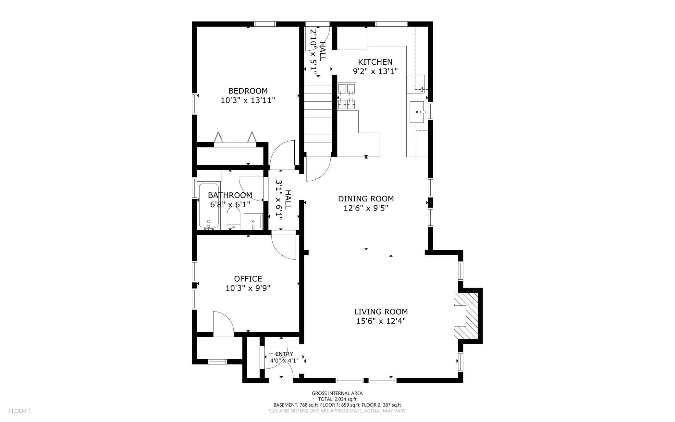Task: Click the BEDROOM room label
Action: click(x=248, y=91)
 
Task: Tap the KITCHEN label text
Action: click(x=375, y=62)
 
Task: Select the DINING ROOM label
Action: click(x=366, y=198)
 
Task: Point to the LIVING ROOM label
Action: click(x=381, y=312)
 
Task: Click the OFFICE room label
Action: click(x=248, y=279)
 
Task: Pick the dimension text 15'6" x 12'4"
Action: click(x=381, y=321)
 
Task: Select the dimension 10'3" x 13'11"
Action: click(x=248, y=100)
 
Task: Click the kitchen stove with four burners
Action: click(x=347, y=96)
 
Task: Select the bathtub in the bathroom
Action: click(x=209, y=206)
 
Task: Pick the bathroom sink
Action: click(x=253, y=222)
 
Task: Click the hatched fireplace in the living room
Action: click(x=466, y=316)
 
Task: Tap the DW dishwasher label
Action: click(x=422, y=89)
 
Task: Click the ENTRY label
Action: click(x=284, y=354)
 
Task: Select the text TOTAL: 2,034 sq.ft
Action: click(x=337, y=399)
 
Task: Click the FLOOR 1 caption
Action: click(x=20, y=411)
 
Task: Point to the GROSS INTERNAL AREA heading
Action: click(x=337, y=393)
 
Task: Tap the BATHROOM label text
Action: click(x=230, y=195)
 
